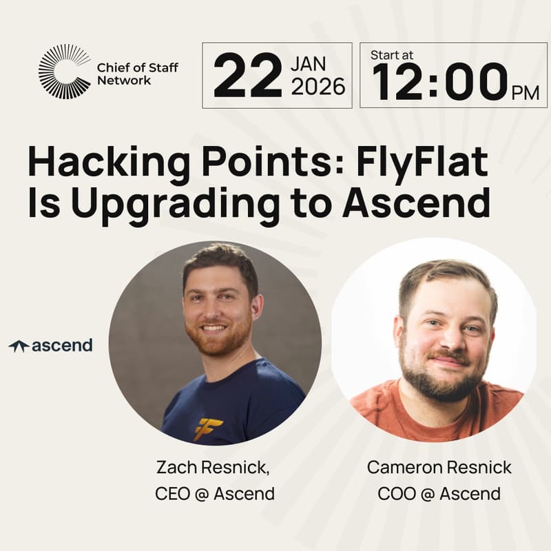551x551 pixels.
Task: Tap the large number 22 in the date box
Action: (247, 76)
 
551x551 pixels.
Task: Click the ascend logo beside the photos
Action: (51, 346)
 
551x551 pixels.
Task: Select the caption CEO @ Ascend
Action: (214, 494)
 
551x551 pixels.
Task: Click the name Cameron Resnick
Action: (439, 468)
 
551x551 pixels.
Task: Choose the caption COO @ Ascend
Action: (439, 494)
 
